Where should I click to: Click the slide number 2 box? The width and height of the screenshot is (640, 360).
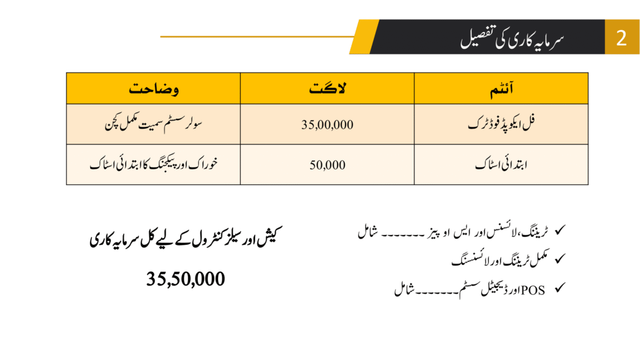point(621,37)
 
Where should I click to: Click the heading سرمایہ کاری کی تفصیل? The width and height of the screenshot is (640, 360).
point(512,37)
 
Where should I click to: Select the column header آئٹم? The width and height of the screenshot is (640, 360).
point(501,89)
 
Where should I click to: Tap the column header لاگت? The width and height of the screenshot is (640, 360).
point(327,89)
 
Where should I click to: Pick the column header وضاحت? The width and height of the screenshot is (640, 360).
point(154,89)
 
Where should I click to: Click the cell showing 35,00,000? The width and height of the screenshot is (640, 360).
point(327,124)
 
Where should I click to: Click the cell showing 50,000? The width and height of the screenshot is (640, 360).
point(327,165)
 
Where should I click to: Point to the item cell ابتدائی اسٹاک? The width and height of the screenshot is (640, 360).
point(502,165)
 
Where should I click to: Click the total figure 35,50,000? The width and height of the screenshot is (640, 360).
point(186,279)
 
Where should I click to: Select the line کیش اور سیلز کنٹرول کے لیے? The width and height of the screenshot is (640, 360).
point(186,239)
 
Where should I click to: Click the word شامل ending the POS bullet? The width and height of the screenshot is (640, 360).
point(404,290)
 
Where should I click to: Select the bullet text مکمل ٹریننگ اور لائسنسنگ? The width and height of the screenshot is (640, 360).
point(499,259)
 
